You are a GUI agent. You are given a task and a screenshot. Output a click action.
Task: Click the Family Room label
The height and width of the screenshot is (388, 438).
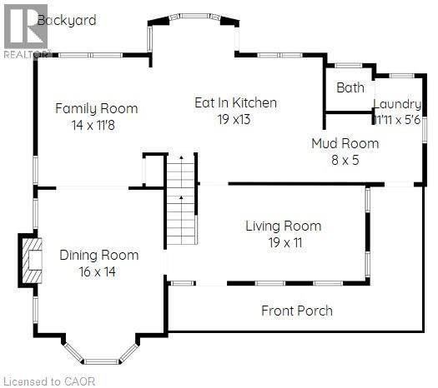(x=96, y=108)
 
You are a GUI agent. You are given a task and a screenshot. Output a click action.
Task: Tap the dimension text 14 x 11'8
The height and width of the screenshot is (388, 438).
(x=96, y=125)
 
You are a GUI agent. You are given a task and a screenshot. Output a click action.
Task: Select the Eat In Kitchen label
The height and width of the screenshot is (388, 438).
(x=235, y=103)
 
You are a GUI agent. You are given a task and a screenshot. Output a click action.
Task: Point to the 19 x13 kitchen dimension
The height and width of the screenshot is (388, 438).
(x=234, y=119)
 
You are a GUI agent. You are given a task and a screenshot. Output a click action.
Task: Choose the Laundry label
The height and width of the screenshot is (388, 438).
(x=397, y=104)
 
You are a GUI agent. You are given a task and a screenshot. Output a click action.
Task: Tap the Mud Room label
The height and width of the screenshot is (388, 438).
(x=345, y=143)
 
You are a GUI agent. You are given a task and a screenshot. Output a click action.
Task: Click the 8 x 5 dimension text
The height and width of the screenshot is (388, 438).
(x=345, y=159)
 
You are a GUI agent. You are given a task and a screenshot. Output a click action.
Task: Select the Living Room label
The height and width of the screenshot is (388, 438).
(x=283, y=226)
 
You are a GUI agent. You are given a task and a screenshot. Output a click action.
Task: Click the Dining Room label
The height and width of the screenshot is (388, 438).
(x=98, y=255)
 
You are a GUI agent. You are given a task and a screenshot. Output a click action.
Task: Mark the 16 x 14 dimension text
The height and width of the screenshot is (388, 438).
(x=98, y=271)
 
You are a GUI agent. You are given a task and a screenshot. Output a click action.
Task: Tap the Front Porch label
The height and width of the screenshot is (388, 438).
(x=297, y=311)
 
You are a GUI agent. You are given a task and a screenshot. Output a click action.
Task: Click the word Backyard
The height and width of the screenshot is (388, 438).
(x=73, y=20)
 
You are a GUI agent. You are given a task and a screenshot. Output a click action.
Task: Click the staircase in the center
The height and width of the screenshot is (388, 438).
(x=181, y=200)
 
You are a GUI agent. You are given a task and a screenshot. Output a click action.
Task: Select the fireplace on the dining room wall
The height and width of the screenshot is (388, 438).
(x=29, y=261)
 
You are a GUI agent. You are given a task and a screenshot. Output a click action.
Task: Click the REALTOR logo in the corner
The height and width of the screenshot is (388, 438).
(x=25, y=30)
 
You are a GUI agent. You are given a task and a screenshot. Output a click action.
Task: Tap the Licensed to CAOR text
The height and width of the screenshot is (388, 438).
(x=49, y=381)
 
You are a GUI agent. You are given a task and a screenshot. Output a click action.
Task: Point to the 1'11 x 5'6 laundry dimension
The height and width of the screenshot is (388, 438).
(x=397, y=119)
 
